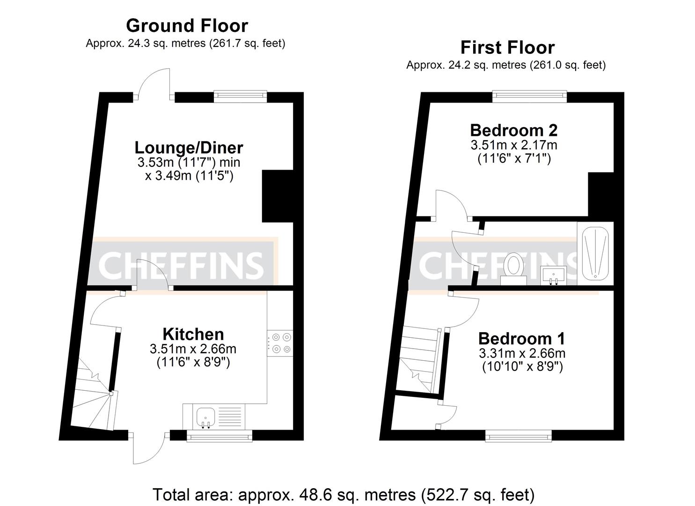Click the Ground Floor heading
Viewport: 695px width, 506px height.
[x=187, y=25]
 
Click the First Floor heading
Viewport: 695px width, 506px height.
[x=507, y=47]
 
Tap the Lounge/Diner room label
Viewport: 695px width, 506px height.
[x=189, y=148]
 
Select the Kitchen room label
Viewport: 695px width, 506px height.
[x=193, y=334]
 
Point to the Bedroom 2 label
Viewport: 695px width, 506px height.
[x=513, y=130]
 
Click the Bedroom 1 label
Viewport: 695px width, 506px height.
[x=521, y=338]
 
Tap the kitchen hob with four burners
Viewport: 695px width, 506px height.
[x=280, y=342]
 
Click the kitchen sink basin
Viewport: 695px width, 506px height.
[x=205, y=416]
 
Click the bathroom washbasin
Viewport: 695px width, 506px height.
[x=554, y=275]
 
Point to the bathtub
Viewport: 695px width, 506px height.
[x=595, y=253]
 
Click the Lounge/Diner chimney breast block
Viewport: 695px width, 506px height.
[x=277, y=196]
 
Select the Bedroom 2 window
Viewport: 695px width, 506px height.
[x=529, y=97]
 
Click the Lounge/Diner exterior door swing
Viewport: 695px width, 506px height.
[x=154, y=84]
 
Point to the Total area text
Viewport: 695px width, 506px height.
[x=343, y=494]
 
